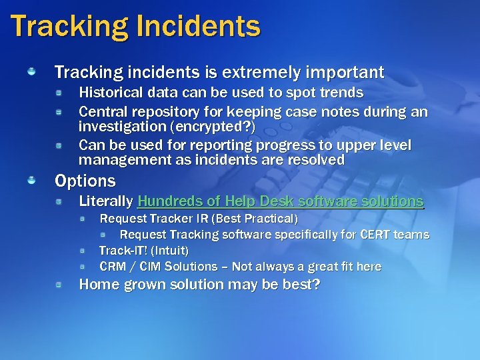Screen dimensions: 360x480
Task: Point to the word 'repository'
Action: tap(165, 111)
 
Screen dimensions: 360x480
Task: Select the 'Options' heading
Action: tap(85, 181)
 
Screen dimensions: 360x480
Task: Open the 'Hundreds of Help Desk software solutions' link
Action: tap(280, 201)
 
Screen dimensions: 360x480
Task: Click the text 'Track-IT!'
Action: tap(123, 251)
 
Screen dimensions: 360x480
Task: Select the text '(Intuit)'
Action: tap(170, 251)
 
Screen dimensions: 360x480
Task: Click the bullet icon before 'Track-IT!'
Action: tap(82, 250)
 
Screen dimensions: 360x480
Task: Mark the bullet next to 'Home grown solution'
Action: tap(59, 285)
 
